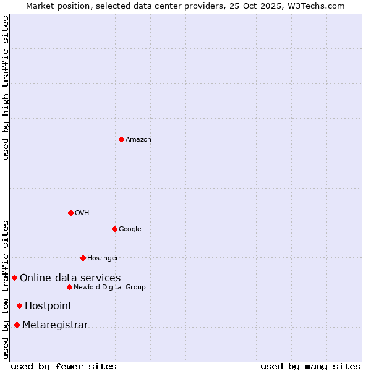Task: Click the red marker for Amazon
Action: (x=121, y=139)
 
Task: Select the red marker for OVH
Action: (x=70, y=213)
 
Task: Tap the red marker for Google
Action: (x=114, y=229)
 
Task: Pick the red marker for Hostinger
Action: (x=83, y=258)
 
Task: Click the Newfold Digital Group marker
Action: (x=69, y=287)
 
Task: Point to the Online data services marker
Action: (x=14, y=278)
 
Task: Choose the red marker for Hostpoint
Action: (x=19, y=305)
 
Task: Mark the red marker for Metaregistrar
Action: (x=17, y=325)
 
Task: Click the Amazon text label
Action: (x=139, y=140)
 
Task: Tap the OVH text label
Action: (x=82, y=213)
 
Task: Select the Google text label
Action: (x=130, y=229)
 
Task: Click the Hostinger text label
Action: (x=103, y=258)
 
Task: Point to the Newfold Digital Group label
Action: (x=109, y=288)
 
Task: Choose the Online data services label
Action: (x=70, y=278)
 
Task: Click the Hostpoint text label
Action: (x=48, y=306)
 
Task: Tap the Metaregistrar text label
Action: (x=55, y=325)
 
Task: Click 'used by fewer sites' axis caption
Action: (x=64, y=366)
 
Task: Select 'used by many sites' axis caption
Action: (x=310, y=366)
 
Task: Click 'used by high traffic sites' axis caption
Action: (x=6, y=88)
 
